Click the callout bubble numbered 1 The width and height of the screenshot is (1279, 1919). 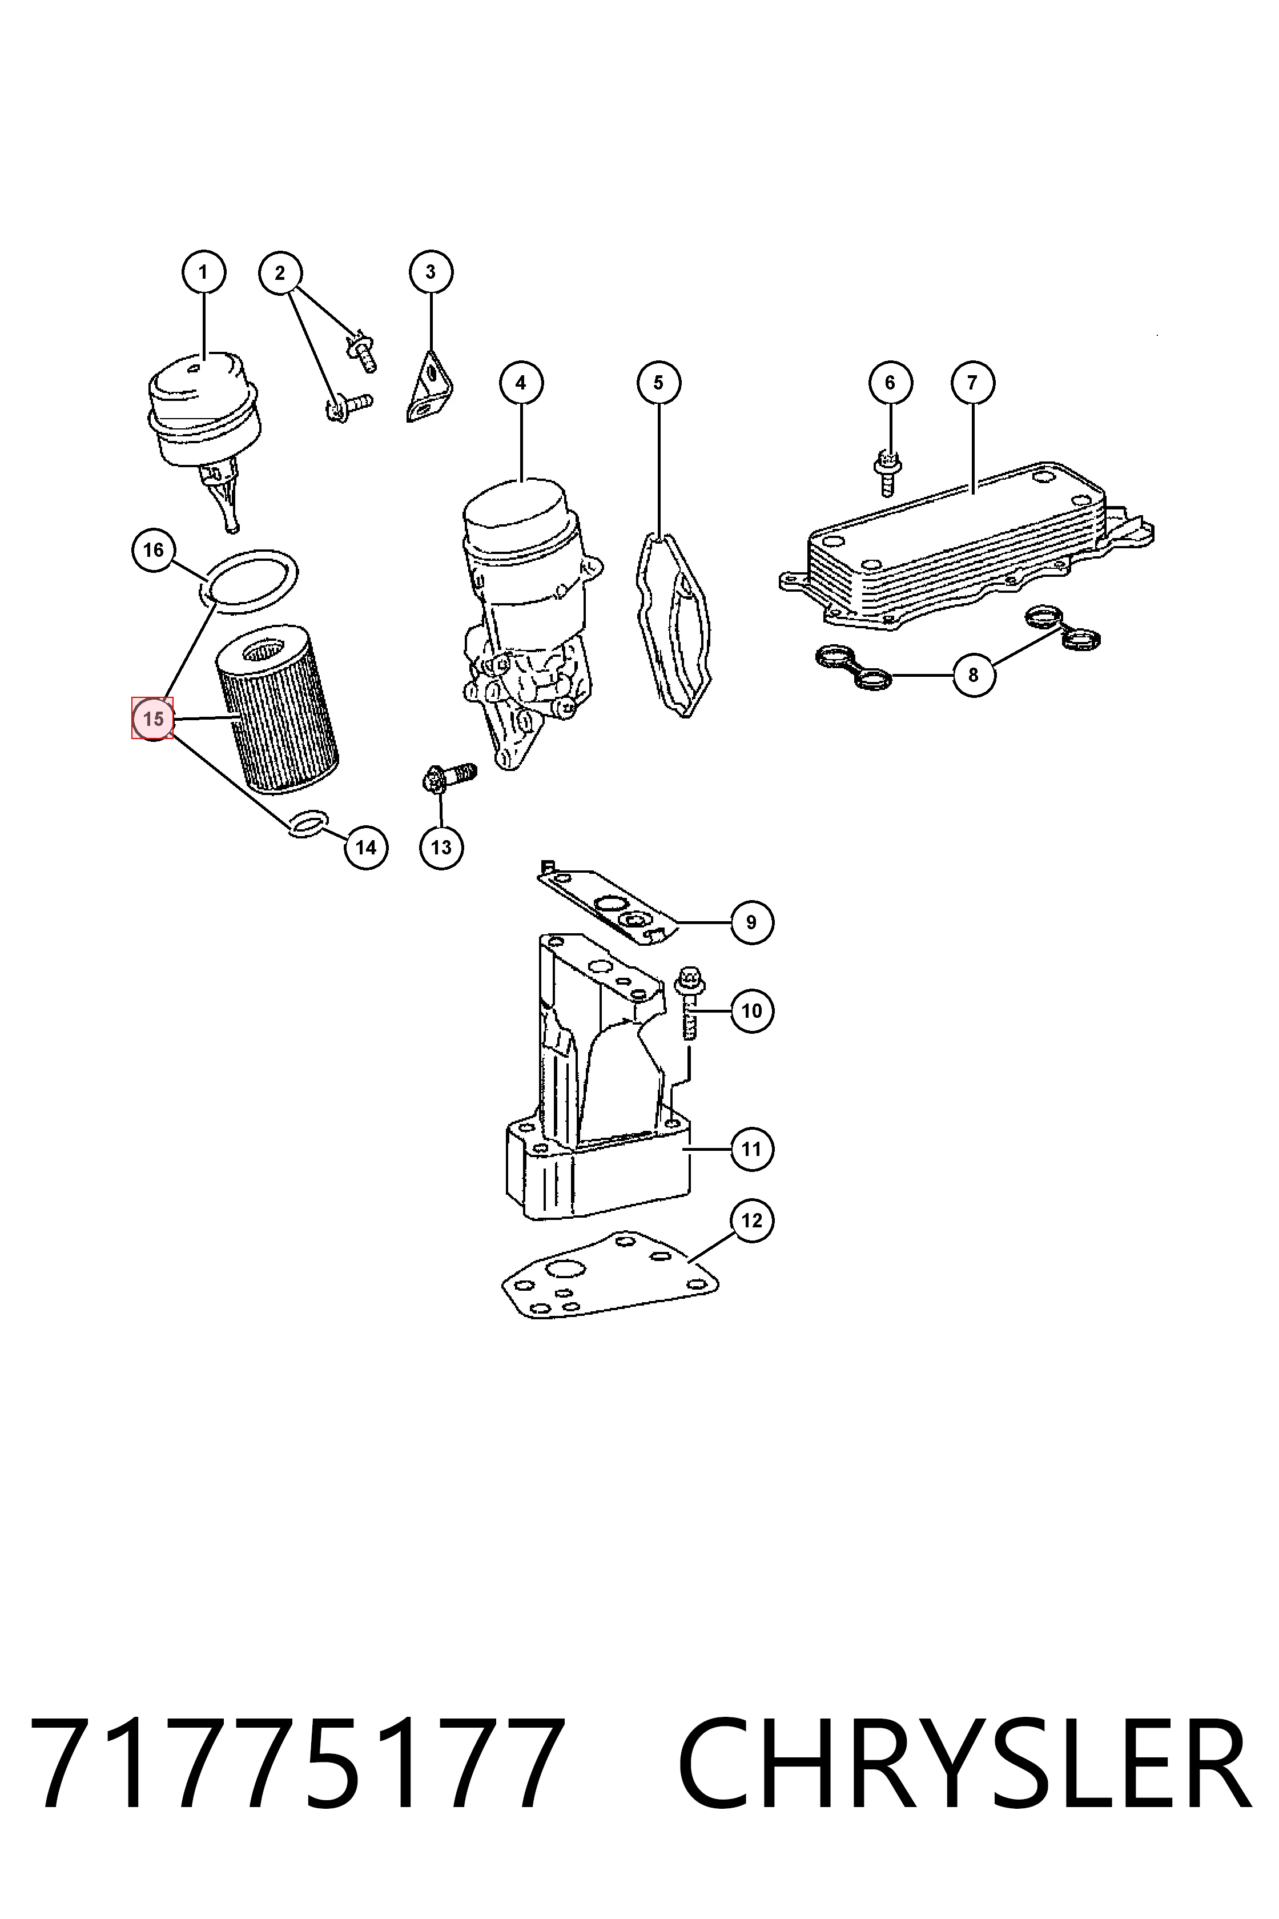(x=203, y=272)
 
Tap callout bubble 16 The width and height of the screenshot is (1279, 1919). (x=154, y=550)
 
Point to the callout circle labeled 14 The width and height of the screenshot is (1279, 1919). (x=365, y=848)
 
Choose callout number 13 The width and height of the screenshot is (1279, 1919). (x=441, y=848)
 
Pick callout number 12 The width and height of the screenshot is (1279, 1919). (x=751, y=1221)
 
